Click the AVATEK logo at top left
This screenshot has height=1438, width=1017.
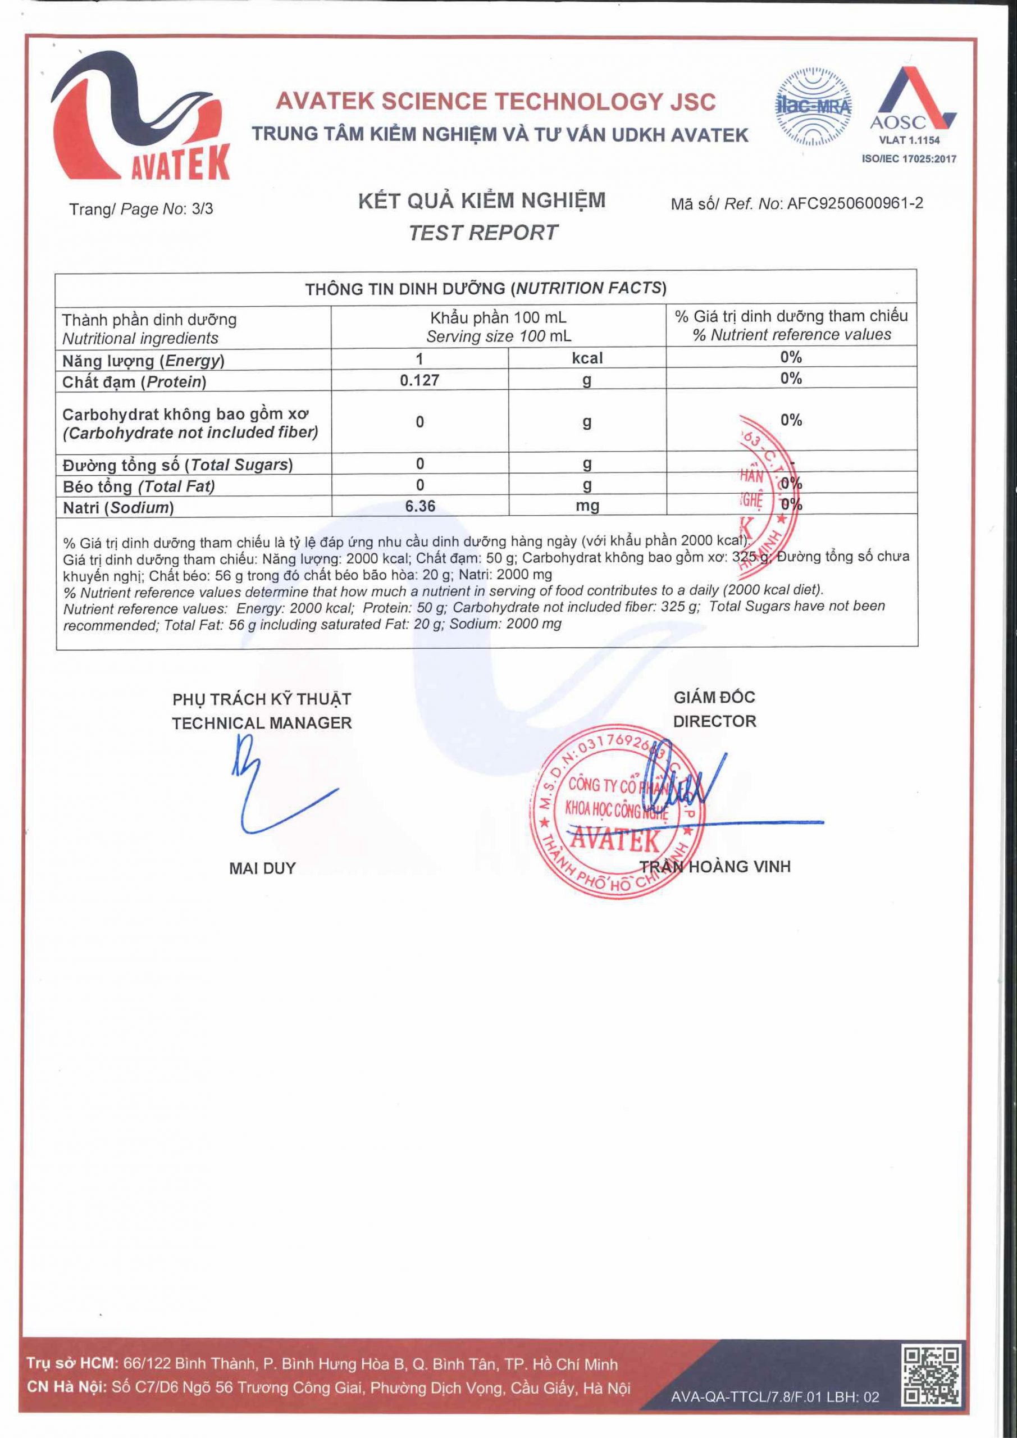pos(141,113)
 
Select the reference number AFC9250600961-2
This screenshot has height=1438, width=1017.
pos(854,203)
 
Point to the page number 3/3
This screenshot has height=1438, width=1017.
pos(202,208)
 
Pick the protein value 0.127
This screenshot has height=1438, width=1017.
pos(419,380)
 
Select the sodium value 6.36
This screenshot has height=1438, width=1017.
pos(419,506)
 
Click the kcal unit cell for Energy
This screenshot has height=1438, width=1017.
pos(587,358)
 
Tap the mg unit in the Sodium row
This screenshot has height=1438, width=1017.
pos(587,506)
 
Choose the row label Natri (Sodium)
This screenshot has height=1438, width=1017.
pos(118,507)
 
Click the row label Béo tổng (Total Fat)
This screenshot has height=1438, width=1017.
pos(138,486)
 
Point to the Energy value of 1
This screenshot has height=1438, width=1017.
pos(419,358)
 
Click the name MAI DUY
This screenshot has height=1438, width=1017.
pos(262,868)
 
